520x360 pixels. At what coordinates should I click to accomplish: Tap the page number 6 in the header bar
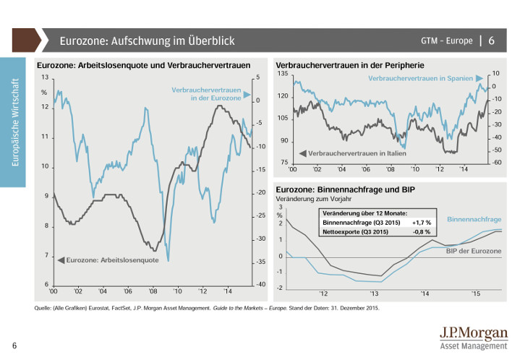492,40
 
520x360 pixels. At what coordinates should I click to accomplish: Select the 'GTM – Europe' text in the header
446,40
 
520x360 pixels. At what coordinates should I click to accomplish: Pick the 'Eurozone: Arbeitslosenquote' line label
106,260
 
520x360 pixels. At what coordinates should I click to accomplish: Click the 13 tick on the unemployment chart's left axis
45,77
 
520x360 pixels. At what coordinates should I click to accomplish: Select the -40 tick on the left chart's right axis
257,285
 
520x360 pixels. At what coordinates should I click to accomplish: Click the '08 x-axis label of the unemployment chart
153,291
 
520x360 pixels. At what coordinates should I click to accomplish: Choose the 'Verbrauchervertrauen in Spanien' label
420,77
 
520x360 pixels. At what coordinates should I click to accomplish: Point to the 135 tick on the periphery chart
283,74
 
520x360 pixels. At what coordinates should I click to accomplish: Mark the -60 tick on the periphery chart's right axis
496,163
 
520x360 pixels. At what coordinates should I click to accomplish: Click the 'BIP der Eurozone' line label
474,250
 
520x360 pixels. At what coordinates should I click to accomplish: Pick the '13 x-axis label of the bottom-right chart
374,294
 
